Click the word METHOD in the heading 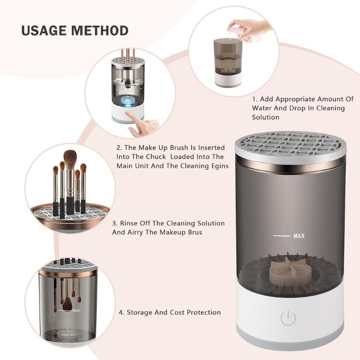pos(100,31)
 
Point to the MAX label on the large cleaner pos(299,236)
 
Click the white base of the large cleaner pos(290,315)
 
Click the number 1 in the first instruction pos(254,99)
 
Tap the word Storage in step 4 pos(140,312)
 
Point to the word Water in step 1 pos(262,108)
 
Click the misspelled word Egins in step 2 pos(218,166)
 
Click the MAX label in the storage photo pos(76,310)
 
